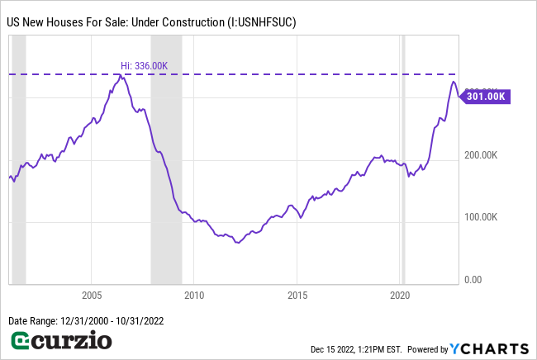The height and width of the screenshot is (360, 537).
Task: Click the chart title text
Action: (x=151, y=23)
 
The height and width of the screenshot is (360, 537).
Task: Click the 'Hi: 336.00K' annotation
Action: (x=145, y=65)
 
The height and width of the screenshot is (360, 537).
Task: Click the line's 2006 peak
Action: (x=121, y=75)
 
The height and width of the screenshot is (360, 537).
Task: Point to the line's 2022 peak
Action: (x=453, y=82)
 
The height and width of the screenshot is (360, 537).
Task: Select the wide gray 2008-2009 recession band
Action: (x=166, y=165)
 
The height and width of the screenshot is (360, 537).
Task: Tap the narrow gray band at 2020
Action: (x=403, y=165)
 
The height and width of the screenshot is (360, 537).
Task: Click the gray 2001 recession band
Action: (x=18, y=165)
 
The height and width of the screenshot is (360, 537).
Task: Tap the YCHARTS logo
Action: (x=488, y=348)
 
